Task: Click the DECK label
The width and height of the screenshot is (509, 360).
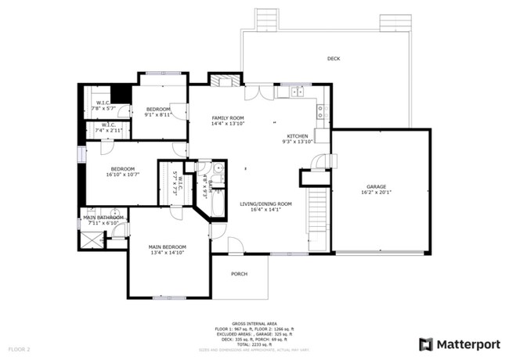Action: point(334,59)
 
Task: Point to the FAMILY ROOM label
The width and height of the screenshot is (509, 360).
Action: point(228,117)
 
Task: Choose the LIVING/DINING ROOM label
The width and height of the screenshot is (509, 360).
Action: point(265,203)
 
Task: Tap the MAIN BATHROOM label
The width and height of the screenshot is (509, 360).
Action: point(103,217)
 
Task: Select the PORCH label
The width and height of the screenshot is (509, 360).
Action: point(240,274)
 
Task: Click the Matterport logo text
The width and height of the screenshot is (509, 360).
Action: point(467,344)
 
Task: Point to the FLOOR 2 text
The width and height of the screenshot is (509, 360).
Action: point(19,348)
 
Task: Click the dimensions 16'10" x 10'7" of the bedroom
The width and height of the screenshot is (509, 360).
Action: point(123,175)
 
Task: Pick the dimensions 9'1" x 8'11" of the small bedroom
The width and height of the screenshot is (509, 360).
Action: point(159,115)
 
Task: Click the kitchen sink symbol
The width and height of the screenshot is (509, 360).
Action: point(297,92)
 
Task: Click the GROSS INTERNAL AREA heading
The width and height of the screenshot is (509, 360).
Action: point(254,322)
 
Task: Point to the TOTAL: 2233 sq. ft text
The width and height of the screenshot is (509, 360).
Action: point(254,342)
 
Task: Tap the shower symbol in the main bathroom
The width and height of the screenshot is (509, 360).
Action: point(91,238)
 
